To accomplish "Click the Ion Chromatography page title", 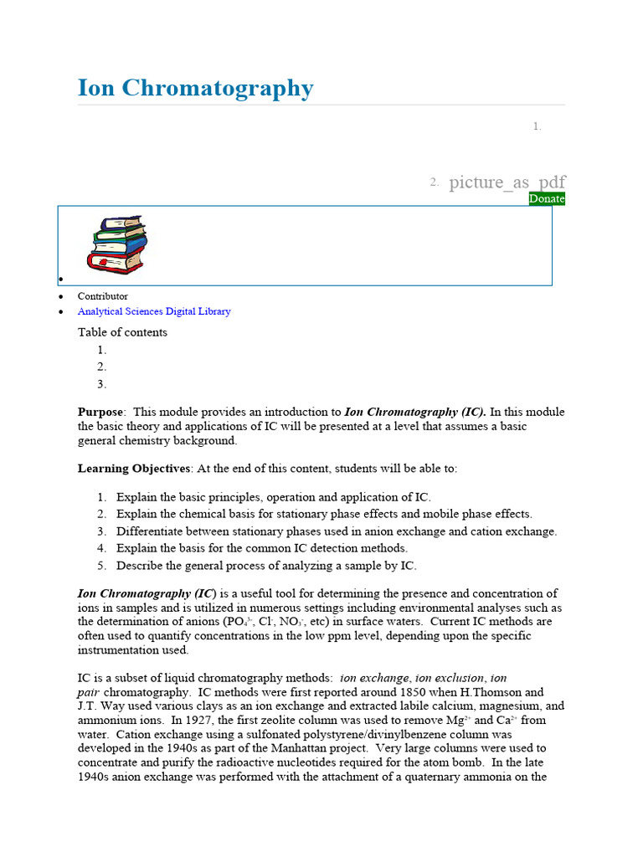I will coord(195,88).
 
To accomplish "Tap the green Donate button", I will coord(547,198).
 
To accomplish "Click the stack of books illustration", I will coord(117,244).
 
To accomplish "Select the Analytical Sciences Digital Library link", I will coord(154,311).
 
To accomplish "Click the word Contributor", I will coord(103,296).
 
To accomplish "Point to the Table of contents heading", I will coord(122,332).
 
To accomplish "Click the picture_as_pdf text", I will coord(507,182).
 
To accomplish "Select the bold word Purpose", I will coord(100,412).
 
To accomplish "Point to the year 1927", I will coord(207,720).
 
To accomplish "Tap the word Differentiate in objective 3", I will coord(150,531).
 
